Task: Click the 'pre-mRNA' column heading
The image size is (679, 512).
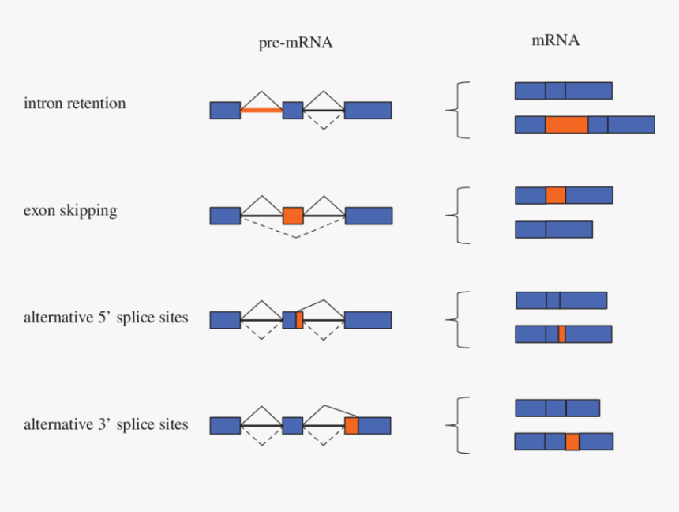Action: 295,43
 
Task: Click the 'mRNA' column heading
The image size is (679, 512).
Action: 555,40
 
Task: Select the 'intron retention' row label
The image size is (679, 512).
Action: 74,104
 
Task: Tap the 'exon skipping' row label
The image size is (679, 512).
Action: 70,211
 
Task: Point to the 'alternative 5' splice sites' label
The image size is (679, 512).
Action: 106,318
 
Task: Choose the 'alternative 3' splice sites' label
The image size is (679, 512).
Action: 106,424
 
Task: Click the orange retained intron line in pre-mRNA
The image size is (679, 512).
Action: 261,111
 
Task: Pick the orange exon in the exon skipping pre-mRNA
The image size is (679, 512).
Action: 293,216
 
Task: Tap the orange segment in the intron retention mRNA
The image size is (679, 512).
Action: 566,125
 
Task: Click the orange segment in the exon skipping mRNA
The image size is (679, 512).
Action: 555,195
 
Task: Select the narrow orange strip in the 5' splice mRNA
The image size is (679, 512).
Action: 561,334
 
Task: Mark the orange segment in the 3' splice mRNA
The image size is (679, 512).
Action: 572,442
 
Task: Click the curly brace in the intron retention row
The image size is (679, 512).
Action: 456,110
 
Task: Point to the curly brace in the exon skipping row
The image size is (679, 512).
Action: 456,215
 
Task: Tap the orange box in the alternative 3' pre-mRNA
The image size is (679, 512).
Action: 351,426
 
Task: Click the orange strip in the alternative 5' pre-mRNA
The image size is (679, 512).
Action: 299,320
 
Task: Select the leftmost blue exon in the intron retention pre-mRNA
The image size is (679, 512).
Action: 225,111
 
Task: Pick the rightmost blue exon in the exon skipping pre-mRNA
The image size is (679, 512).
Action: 368,216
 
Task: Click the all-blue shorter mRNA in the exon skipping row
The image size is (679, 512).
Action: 553,229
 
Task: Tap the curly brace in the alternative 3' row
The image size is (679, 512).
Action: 456,425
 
